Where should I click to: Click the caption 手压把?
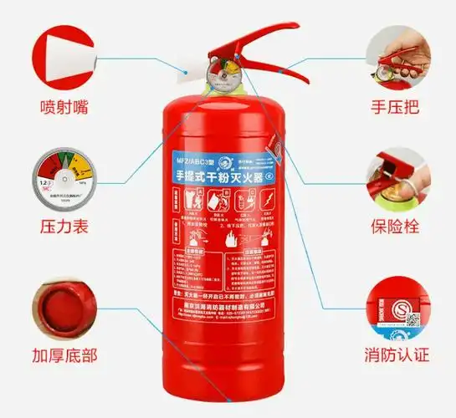[395, 107]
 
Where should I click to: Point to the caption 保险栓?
[395, 227]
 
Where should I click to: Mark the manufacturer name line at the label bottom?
[226, 307]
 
